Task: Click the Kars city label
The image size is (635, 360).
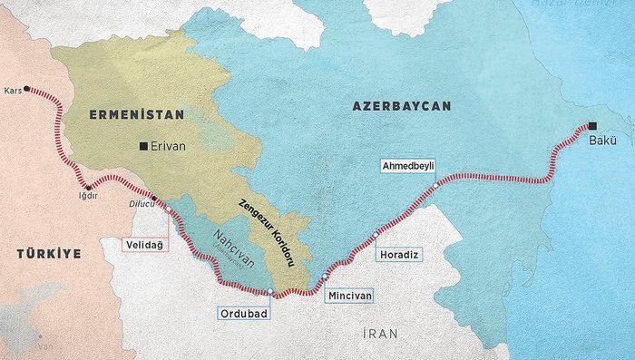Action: [12, 92]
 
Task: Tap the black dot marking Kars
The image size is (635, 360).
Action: [27, 89]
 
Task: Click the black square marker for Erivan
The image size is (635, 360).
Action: [142, 145]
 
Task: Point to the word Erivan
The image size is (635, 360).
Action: [169, 145]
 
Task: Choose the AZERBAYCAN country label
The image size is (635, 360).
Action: [402, 107]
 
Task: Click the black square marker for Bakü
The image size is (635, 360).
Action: [592, 126]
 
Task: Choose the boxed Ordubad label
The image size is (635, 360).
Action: [240, 313]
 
